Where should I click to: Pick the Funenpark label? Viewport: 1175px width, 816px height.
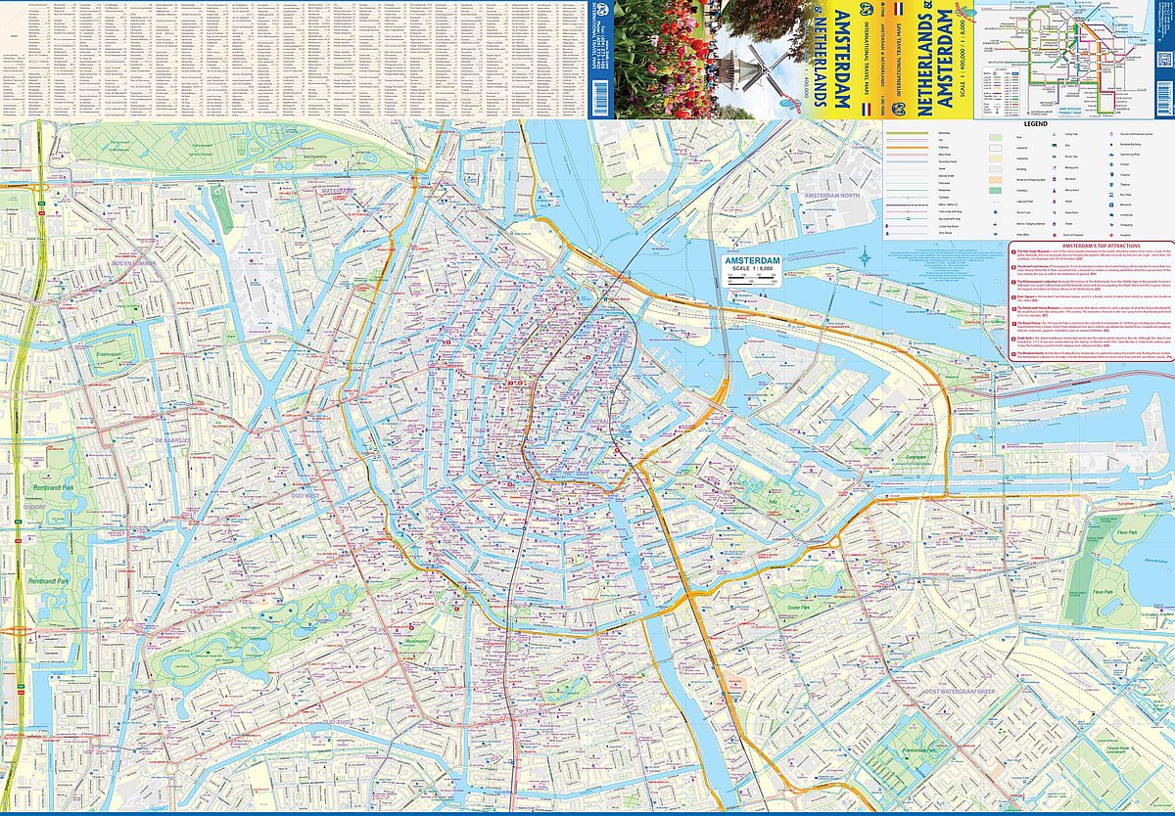coord(916,457)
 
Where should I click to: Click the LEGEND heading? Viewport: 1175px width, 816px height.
coord(1036,124)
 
